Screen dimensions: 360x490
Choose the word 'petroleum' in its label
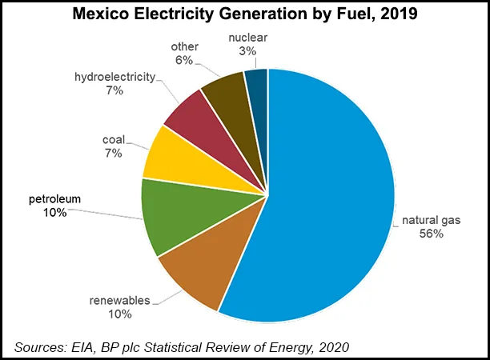(x=55, y=198)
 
